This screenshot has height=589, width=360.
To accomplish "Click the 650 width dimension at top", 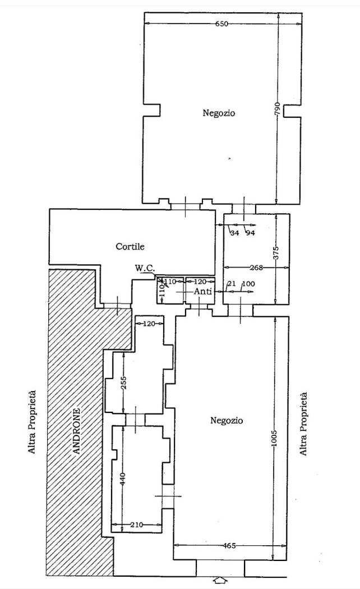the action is pos(222,24).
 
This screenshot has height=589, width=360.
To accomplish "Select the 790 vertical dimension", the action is pos(278,109).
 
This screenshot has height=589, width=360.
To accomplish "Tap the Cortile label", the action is pos(130,247).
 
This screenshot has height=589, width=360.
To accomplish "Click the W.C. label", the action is pos(144,269).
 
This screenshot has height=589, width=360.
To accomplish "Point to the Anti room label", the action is pos(203,291).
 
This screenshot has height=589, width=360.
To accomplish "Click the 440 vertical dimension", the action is pos(123,478).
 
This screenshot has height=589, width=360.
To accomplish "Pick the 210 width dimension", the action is pos(136,524).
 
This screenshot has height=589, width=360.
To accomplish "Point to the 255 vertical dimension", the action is pos(124,383).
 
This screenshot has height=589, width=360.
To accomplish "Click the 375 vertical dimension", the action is pos(276,253).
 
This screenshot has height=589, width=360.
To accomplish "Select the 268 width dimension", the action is pos(256,268).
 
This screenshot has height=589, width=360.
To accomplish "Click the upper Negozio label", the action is pos(219,113).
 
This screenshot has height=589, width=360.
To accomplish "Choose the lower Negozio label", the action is pos(227,420).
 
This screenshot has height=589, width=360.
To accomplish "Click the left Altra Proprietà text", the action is pos(33,422).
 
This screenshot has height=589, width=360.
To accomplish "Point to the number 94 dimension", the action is pos(250,233).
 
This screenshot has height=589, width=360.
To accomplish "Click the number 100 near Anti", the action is pos(249,284).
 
